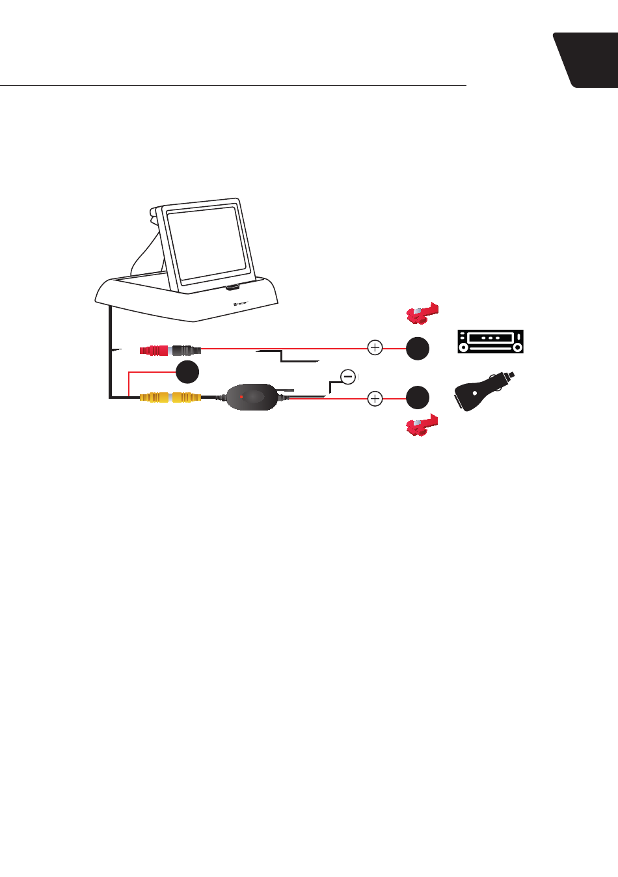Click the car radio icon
[490, 342]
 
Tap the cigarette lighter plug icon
[483, 392]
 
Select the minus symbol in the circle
[348, 377]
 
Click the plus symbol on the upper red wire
[375, 347]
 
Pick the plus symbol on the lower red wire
[375, 398]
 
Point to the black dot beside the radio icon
[418, 348]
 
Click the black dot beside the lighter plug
[418, 398]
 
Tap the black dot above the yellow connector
[187, 371]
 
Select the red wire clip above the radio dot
[422, 314]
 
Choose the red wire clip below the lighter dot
[422, 425]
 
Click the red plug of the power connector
[154, 350]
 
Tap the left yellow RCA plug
[154, 396]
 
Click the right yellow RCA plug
[186, 396]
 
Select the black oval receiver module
[252, 397]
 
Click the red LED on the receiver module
[241, 396]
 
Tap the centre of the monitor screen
[206, 243]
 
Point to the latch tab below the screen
[233, 286]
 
